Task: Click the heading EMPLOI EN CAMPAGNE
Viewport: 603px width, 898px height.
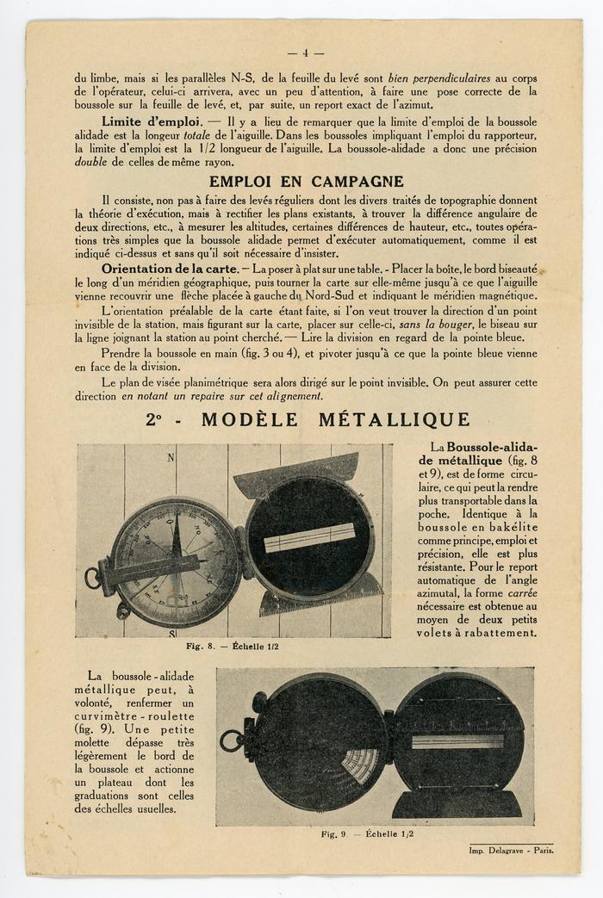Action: [306, 182]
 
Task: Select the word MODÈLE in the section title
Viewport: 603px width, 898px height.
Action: [250, 420]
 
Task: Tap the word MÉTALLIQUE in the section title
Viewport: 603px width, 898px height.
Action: [395, 420]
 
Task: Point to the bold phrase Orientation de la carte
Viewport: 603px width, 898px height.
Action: [169, 269]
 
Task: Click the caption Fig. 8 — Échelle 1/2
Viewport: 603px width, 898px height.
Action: [233, 645]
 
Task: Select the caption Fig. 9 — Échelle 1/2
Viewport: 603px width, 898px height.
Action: [368, 833]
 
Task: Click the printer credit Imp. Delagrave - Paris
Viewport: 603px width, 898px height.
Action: [507, 850]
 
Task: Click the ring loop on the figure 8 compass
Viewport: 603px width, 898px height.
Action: [92, 578]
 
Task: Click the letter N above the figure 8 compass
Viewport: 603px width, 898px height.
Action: [171, 458]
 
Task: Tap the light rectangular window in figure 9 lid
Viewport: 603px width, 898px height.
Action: [457, 741]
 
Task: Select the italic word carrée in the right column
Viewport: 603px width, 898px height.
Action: [522, 593]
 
